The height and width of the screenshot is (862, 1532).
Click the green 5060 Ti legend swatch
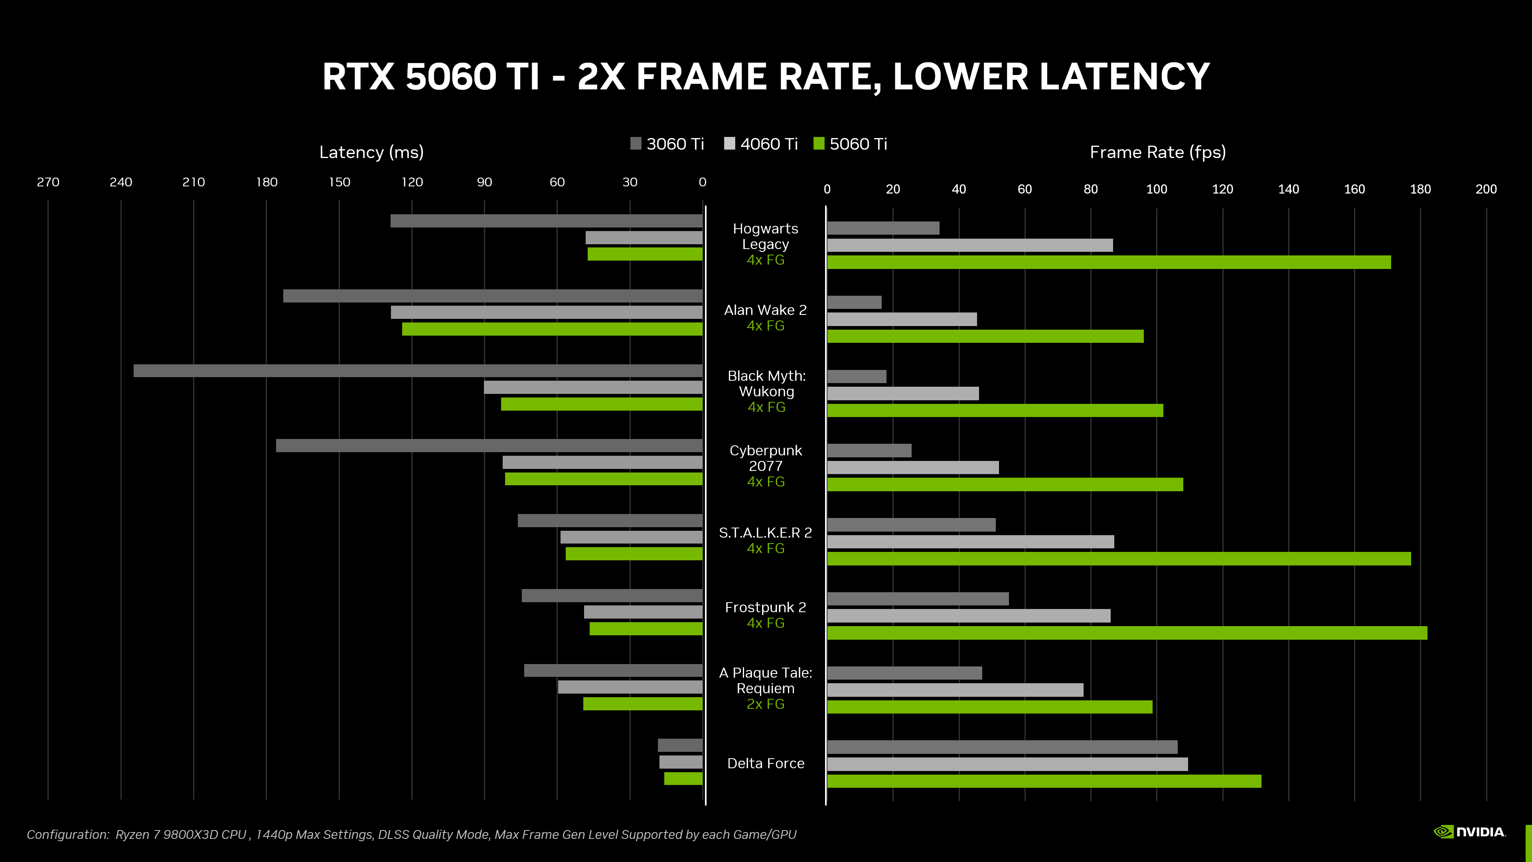(819, 143)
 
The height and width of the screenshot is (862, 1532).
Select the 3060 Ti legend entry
(667, 144)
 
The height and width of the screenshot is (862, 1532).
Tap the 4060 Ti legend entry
(761, 144)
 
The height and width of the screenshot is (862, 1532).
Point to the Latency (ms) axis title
(371, 152)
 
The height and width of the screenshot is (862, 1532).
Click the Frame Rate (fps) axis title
(1157, 152)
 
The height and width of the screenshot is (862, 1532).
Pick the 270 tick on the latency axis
(48, 182)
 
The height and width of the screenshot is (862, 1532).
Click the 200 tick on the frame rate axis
(1486, 189)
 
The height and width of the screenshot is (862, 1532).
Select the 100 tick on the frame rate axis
(1156, 189)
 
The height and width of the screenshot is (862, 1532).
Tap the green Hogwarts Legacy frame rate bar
(1109, 262)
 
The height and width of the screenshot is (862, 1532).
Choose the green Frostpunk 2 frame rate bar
(1126, 633)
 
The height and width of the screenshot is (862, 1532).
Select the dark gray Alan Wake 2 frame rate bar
(854, 302)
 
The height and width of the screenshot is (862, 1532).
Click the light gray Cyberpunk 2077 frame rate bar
(912, 468)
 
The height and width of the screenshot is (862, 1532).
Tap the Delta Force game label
(766, 763)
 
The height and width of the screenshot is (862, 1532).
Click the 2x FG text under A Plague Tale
(766, 704)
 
